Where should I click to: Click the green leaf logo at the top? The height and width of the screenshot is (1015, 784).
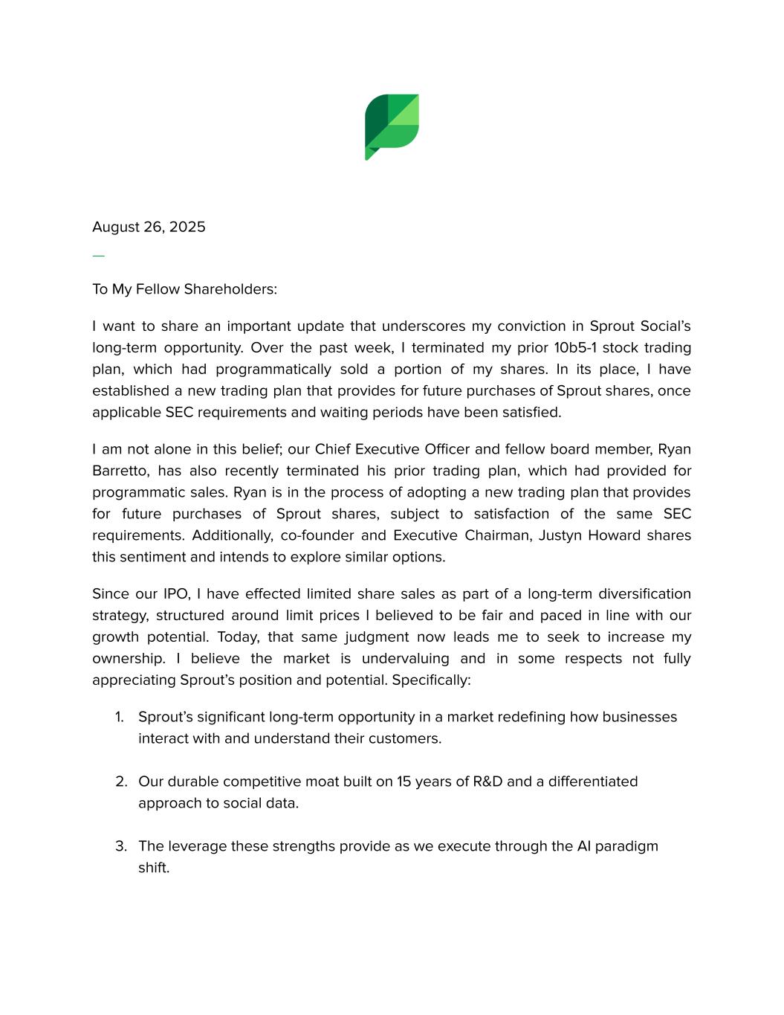coord(392,126)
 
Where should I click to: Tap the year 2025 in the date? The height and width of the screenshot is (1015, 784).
coord(187,227)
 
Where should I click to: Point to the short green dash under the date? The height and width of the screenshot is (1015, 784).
coord(98,256)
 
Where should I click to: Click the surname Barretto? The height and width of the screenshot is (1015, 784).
coord(119,471)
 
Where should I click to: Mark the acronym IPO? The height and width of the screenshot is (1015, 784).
coord(176,594)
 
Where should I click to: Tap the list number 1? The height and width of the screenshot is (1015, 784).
coord(120,718)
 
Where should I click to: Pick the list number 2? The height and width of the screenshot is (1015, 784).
coord(121,782)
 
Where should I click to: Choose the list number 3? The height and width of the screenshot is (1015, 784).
coord(121,847)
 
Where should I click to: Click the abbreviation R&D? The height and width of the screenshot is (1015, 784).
coord(487,782)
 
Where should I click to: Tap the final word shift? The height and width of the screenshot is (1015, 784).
coord(154,869)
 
